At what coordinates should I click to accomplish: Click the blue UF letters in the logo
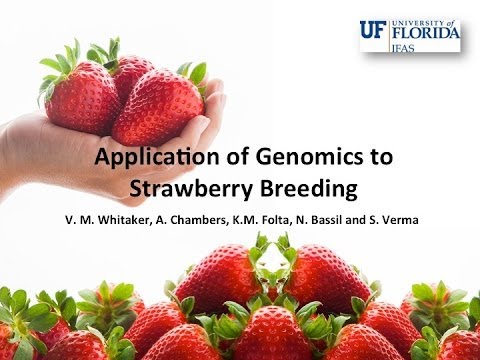(x=373, y=30)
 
